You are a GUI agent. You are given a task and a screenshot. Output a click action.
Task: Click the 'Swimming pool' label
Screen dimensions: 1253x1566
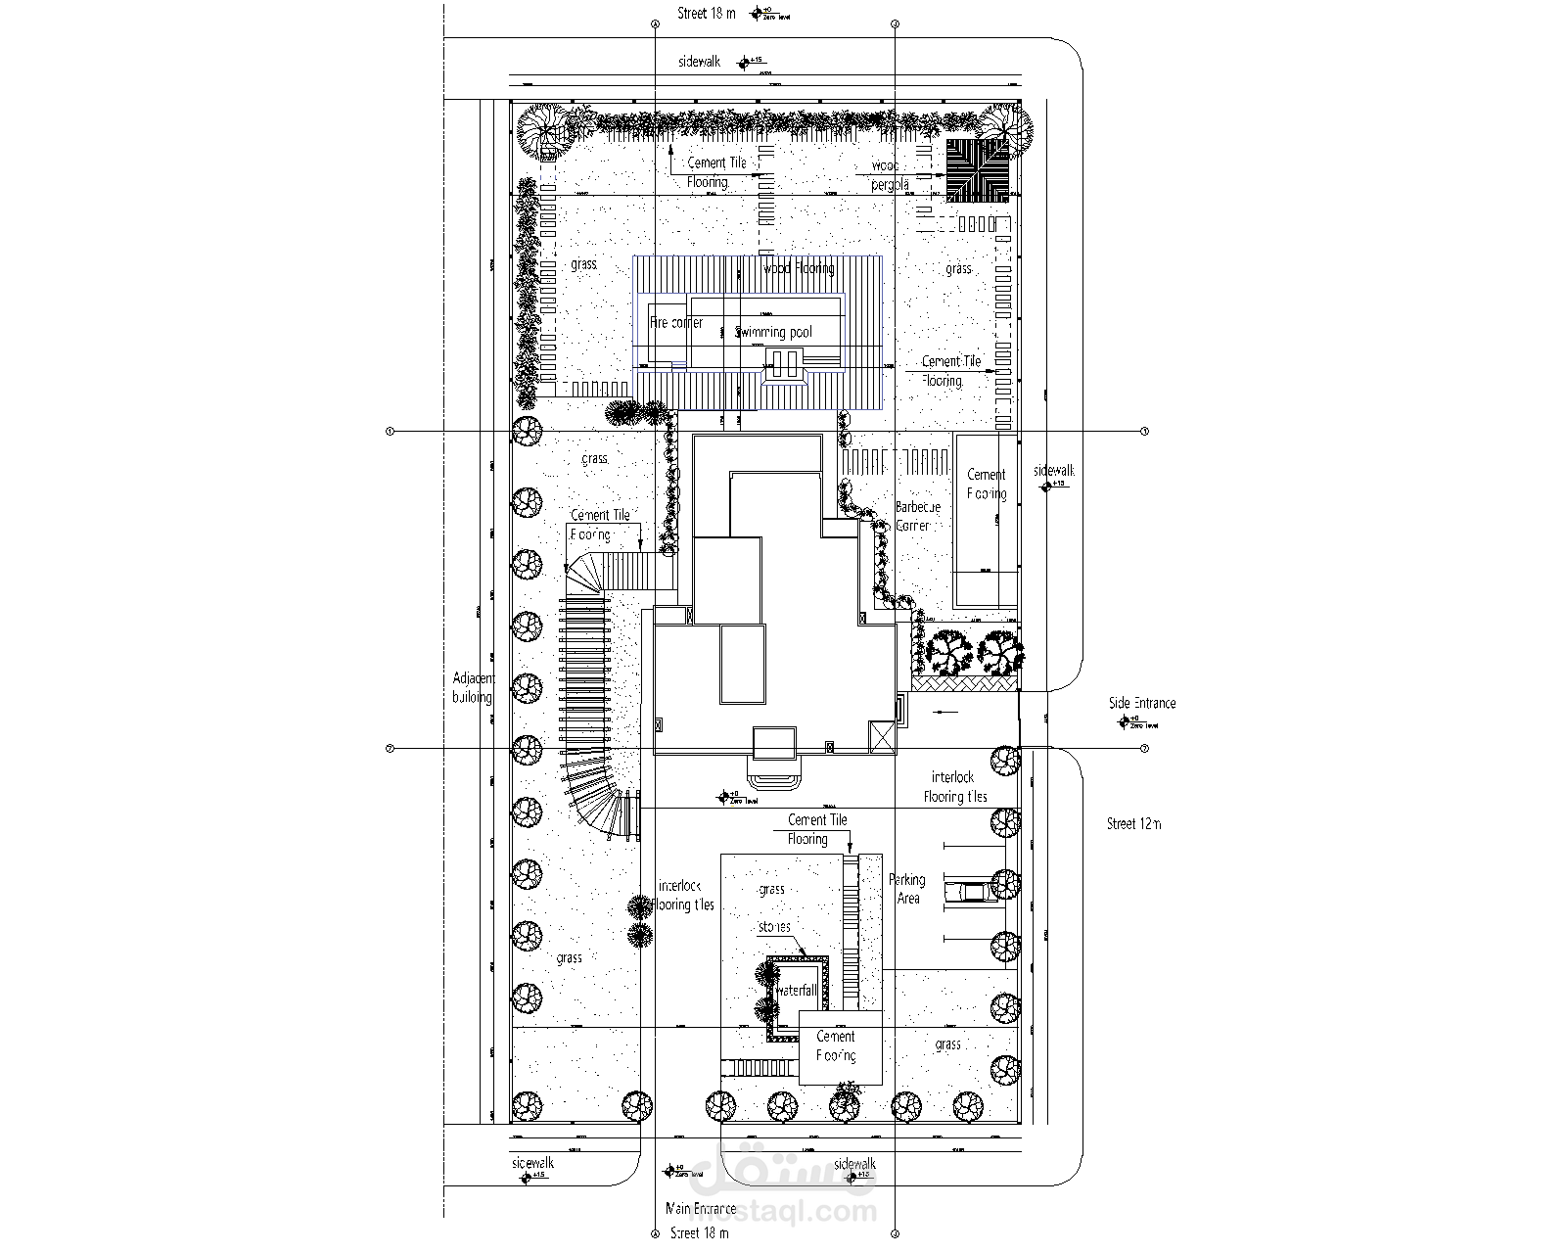tap(773, 333)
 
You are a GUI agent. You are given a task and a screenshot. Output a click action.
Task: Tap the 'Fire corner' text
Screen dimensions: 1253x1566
tap(676, 322)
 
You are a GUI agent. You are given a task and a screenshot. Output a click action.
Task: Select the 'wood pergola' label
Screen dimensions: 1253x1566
tap(890, 175)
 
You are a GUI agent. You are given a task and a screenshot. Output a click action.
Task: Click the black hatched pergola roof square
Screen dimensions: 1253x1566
tap(977, 169)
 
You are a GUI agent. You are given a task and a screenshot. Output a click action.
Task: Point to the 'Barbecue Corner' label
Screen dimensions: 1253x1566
tap(916, 516)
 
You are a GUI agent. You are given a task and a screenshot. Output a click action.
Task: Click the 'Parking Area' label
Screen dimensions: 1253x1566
tap(907, 889)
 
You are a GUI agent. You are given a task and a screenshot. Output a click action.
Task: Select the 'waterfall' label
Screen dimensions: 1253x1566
tap(796, 991)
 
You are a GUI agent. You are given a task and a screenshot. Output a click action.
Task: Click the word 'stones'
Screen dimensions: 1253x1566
tap(773, 926)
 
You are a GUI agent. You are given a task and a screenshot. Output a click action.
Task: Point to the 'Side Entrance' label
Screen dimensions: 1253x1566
tap(1142, 703)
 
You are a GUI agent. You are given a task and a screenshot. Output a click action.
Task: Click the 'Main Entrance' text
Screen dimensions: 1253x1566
tap(700, 1209)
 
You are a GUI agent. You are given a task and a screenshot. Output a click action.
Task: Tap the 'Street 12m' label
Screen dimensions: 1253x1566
tap(1133, 824)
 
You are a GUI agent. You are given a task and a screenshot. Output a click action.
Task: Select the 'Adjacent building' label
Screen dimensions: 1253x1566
tap(474, 687)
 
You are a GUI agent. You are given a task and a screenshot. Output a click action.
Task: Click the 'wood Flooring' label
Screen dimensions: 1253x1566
tap(798, 268)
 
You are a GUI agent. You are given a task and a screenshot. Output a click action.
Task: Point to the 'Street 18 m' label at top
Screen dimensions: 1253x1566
tap(706, 14)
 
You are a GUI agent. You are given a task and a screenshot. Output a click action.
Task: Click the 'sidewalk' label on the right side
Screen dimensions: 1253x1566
tap(1053, 471)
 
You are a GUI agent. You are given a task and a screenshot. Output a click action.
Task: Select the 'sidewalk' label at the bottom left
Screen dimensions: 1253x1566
tap(532, 1163)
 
